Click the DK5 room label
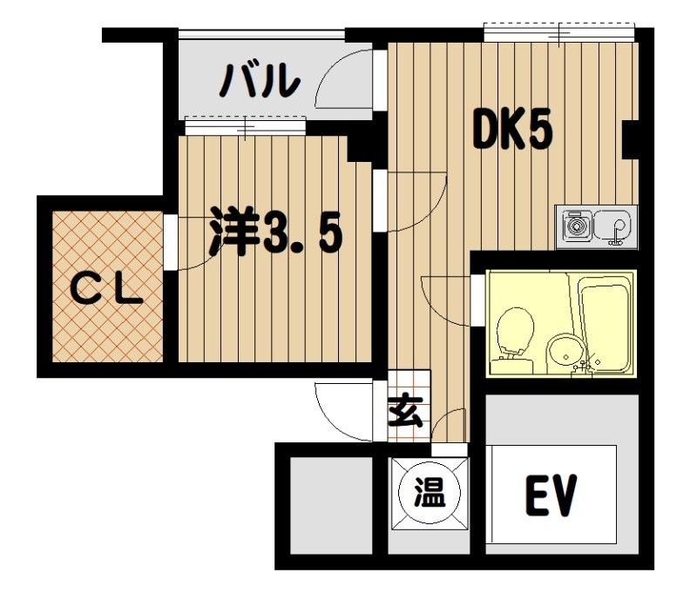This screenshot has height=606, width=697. (512, 129)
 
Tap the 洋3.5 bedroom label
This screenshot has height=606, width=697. (276, 231)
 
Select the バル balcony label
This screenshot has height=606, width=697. (260, 81)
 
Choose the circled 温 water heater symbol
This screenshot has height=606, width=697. (430, 493)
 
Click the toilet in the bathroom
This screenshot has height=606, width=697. (513, 340)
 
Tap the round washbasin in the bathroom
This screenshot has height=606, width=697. (565, 354)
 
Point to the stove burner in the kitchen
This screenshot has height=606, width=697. (577, 226)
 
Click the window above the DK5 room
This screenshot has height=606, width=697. (559, 32)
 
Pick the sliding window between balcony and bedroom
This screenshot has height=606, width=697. (246, 125)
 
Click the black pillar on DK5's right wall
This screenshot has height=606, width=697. (630, 139)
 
